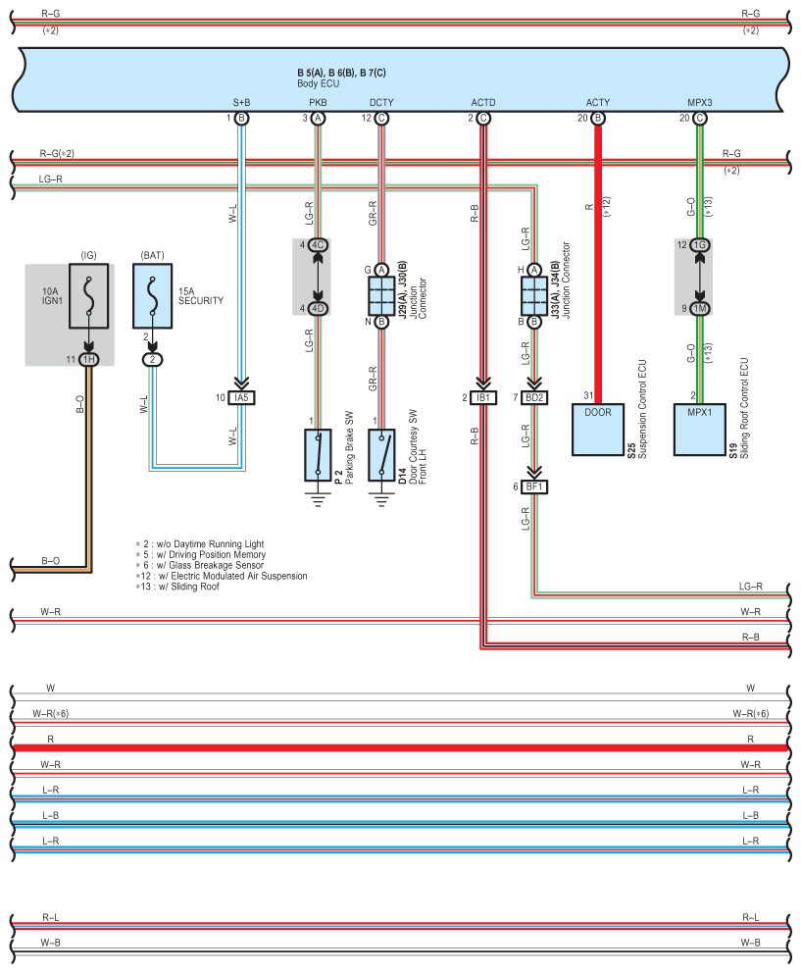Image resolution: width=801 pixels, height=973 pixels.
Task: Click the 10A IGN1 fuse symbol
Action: (88, 296)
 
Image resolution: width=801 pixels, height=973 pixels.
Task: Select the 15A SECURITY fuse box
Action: (152, 296)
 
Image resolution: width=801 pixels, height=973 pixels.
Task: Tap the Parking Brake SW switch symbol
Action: (318, 455)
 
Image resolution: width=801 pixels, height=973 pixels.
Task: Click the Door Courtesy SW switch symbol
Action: (381, 455)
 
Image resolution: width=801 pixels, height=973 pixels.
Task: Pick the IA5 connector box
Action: (241, 398)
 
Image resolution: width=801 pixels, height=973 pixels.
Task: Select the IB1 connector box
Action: (483, 398)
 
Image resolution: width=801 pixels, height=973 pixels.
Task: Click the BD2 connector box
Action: (534, 398)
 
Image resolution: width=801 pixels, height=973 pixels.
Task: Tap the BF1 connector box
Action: (534, 487)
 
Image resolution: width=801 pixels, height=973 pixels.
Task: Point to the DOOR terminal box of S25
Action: (597, 430)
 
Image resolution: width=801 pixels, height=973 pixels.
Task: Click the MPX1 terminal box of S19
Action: (700, 430)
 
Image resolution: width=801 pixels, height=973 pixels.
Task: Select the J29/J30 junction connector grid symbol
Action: (381, 296)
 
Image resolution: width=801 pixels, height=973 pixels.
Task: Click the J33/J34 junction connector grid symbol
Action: (534, 296)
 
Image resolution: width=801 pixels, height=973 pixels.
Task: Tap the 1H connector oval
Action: (88, 359)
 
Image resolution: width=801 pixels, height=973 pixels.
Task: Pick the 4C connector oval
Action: (318, 245)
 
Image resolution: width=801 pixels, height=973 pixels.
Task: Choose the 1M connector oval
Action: (700, 308)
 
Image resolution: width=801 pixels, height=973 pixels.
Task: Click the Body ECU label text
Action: (319, 83)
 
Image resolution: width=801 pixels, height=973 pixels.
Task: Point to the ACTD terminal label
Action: (483, 102)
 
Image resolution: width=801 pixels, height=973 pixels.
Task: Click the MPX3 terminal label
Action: (700, 102)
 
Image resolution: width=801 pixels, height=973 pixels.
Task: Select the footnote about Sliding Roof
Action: (177, 587)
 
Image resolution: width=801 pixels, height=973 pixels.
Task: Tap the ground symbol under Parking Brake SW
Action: (318, 500)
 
